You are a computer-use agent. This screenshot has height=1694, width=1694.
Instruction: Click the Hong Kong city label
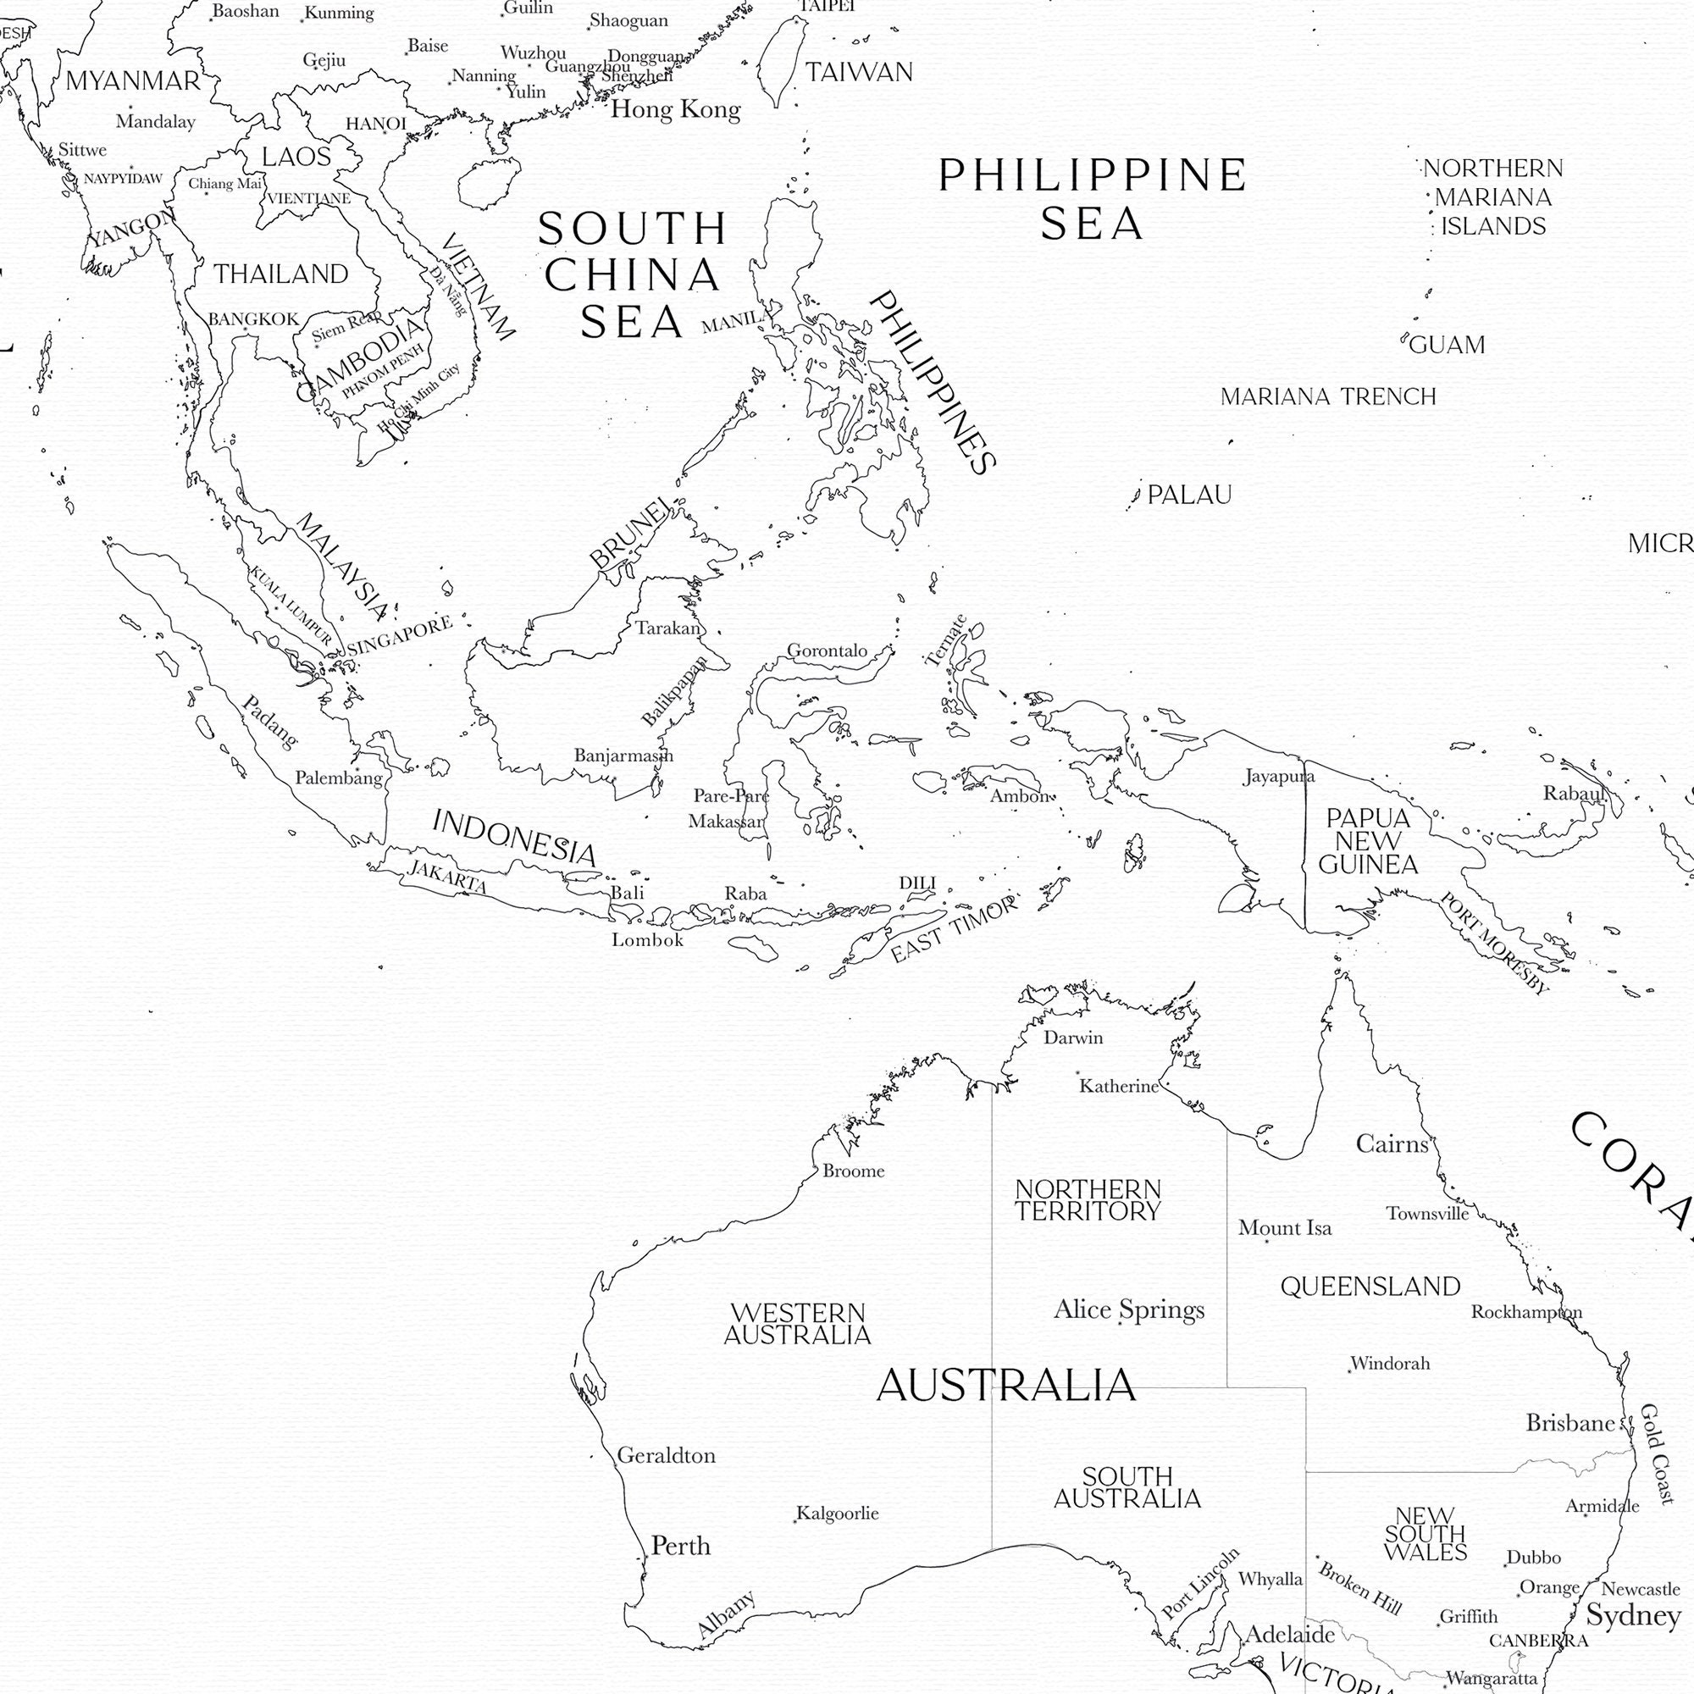(675, 109)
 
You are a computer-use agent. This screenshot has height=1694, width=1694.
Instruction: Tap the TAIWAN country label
(858, 72)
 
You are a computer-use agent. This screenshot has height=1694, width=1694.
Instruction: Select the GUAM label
(1447, 346)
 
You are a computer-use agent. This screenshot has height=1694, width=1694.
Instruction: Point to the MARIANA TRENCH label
(1327, 397)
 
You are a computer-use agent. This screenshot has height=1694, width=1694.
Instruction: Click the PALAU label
(1189, 495)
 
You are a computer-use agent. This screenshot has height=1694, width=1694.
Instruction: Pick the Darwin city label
(1072, 1038)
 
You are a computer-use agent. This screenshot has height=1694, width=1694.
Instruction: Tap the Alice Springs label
(1128, 1310)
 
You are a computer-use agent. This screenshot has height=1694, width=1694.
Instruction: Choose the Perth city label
(680, 1546)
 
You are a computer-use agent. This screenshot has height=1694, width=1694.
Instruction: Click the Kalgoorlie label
(838, 1514)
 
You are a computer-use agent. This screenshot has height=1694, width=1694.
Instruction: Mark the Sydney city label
(1634, 1615)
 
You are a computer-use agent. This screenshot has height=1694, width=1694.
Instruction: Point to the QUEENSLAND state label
(1370, 1287)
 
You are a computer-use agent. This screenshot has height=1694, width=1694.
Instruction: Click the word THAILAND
(281, 274)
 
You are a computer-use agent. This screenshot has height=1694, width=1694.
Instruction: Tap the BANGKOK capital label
(253, 319)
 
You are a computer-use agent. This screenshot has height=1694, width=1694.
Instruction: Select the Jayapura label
(1278, 776)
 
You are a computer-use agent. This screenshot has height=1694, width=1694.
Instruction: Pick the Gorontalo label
(827, 650)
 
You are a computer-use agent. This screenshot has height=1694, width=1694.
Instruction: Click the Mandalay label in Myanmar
(155, 122)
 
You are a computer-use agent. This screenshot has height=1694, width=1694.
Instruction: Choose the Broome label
(853, 1171)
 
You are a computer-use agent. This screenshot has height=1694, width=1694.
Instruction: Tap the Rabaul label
(1573, 794)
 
